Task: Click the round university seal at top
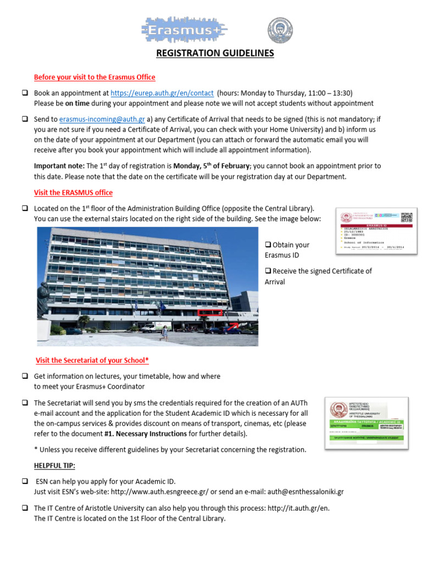[280, 31]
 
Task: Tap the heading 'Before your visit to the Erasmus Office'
[95, 77]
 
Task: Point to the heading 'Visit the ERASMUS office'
[73, 192]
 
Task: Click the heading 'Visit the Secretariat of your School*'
[92, 361]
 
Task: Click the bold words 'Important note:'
[58, 166]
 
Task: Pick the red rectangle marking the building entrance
[210, 313]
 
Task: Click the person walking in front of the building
[164, 331]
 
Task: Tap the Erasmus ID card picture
[376, 231]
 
